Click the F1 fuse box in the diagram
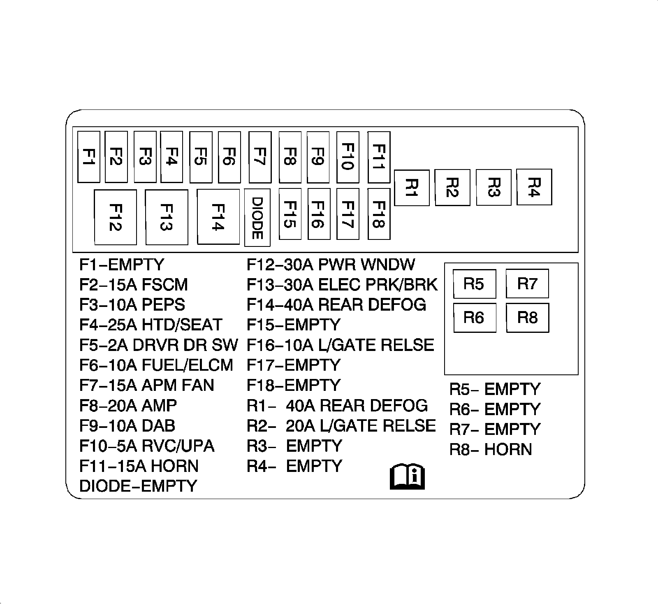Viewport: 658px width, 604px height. click(x=89, y=157)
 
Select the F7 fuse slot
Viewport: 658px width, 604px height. click(x=260, y=157)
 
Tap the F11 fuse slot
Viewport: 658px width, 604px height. click(x=379, y=157)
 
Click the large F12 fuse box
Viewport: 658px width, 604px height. click(x=116, y=217)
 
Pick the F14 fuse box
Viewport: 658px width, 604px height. click(x=218, y=217)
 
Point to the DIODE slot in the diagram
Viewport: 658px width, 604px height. click(x=257, y=218)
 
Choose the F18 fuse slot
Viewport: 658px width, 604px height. click(x=379, y=214)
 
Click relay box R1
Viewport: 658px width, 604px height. click(x=412, y=188)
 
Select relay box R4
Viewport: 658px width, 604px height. click(x=534, y=187)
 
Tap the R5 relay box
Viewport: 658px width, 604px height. click(x=474, y=284)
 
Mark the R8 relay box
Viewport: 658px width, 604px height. click(x=527, y=318)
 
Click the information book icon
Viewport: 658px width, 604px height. click(x=407, y=477)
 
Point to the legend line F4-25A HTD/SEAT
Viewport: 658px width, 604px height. click(x=151, y=325)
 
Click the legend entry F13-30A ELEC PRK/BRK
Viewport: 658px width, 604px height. click(x=342, y=285)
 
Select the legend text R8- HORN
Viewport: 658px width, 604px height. click(x=491, y=449)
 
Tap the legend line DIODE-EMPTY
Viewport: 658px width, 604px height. click(x=138, y=486)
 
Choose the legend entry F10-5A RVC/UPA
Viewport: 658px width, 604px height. click(x=147, y=446)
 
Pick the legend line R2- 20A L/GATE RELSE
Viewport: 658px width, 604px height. click(x=341, y=426)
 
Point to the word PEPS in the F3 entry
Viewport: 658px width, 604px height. click(x=163, y=305)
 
